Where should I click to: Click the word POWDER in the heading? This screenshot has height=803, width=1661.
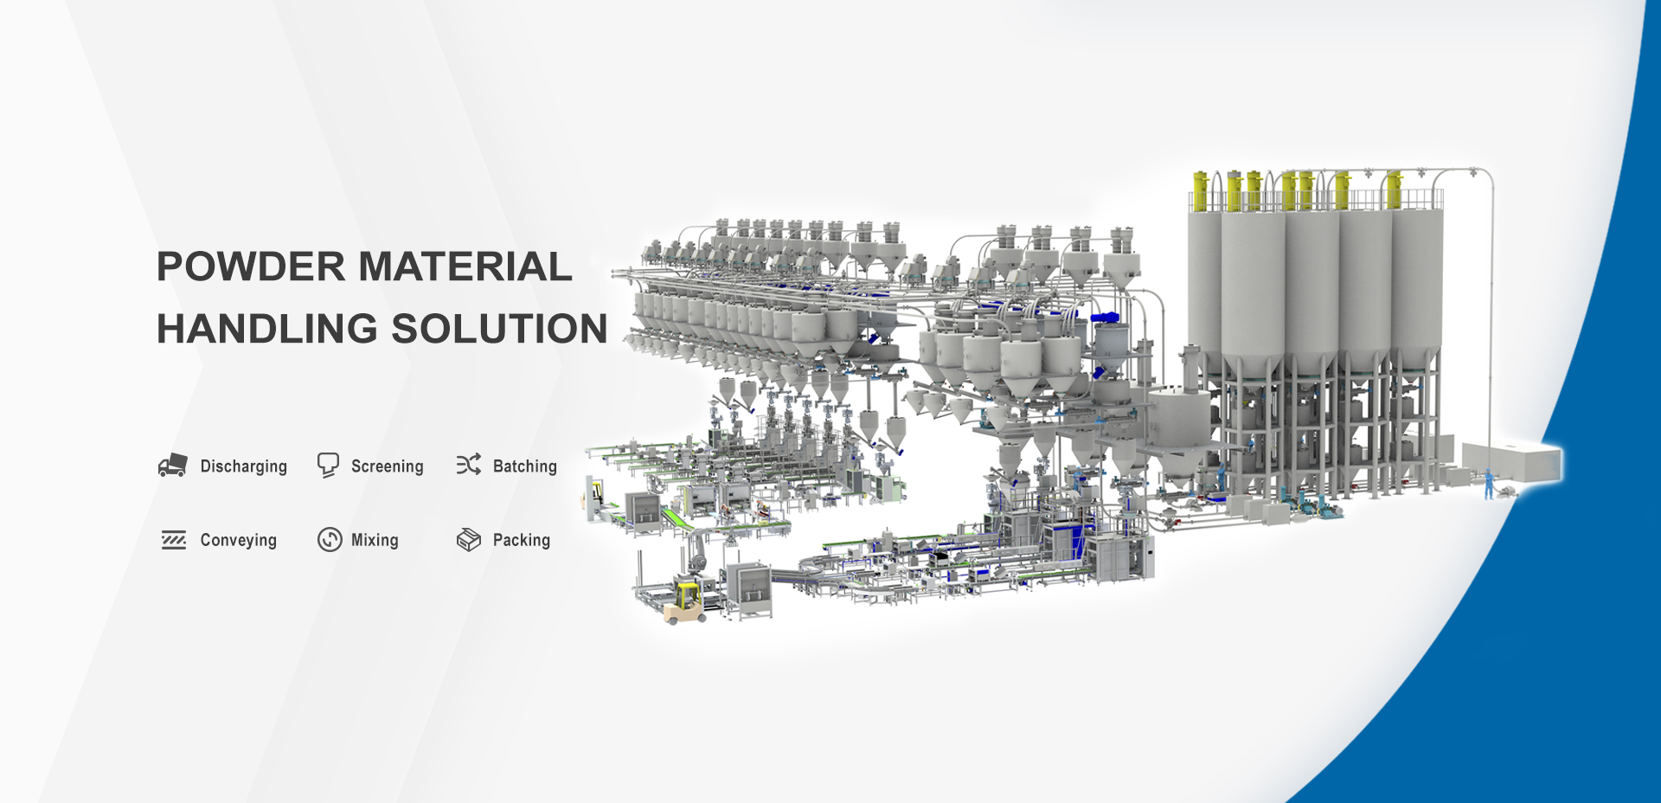click(x=251, y=267)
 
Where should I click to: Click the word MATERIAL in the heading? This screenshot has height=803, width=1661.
click(x=465, y=267)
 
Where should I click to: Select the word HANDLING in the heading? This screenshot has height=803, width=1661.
click(x=267, y=329)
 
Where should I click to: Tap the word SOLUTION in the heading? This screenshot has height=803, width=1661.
click(x=500, y=329)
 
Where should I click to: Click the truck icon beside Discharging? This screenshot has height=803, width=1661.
click(x=173, y=466)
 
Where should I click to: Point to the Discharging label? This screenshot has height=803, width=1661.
click(x=243, y=466)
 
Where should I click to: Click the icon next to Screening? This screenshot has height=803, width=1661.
click(x=328, y=466)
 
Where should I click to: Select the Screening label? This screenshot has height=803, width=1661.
click(x=388, y=466)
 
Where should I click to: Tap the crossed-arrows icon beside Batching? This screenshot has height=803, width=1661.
click(x=469, y=465)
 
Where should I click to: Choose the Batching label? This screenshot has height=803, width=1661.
click(x=525, y=466)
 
